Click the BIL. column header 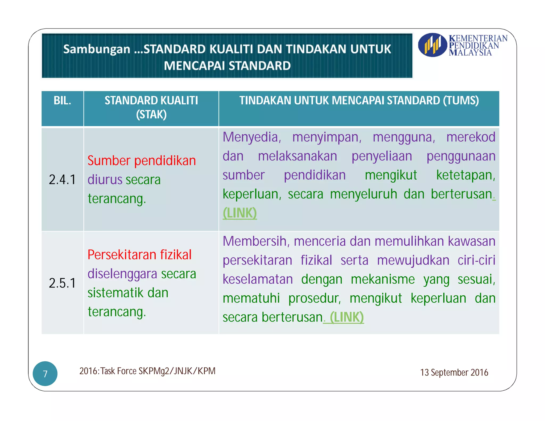point(62,101)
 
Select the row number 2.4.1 point(62,180)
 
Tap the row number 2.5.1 point(62,283)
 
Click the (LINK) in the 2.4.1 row point(240,213)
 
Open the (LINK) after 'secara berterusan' point(346,317)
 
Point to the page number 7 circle point(45,374)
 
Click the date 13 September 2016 point(454,372)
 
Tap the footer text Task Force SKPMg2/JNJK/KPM point(147,371)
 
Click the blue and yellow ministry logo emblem point(432,45)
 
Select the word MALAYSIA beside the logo point(470,52)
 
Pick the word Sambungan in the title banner point(97,49)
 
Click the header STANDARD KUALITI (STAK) point(151,107)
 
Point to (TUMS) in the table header point(461,101)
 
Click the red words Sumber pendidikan point(142,161)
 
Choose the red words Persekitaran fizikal point(139,255)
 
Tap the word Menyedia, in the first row point(252,137)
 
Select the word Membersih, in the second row point(256,241)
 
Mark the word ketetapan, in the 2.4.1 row point(465,175)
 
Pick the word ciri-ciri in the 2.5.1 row point(476,260)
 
